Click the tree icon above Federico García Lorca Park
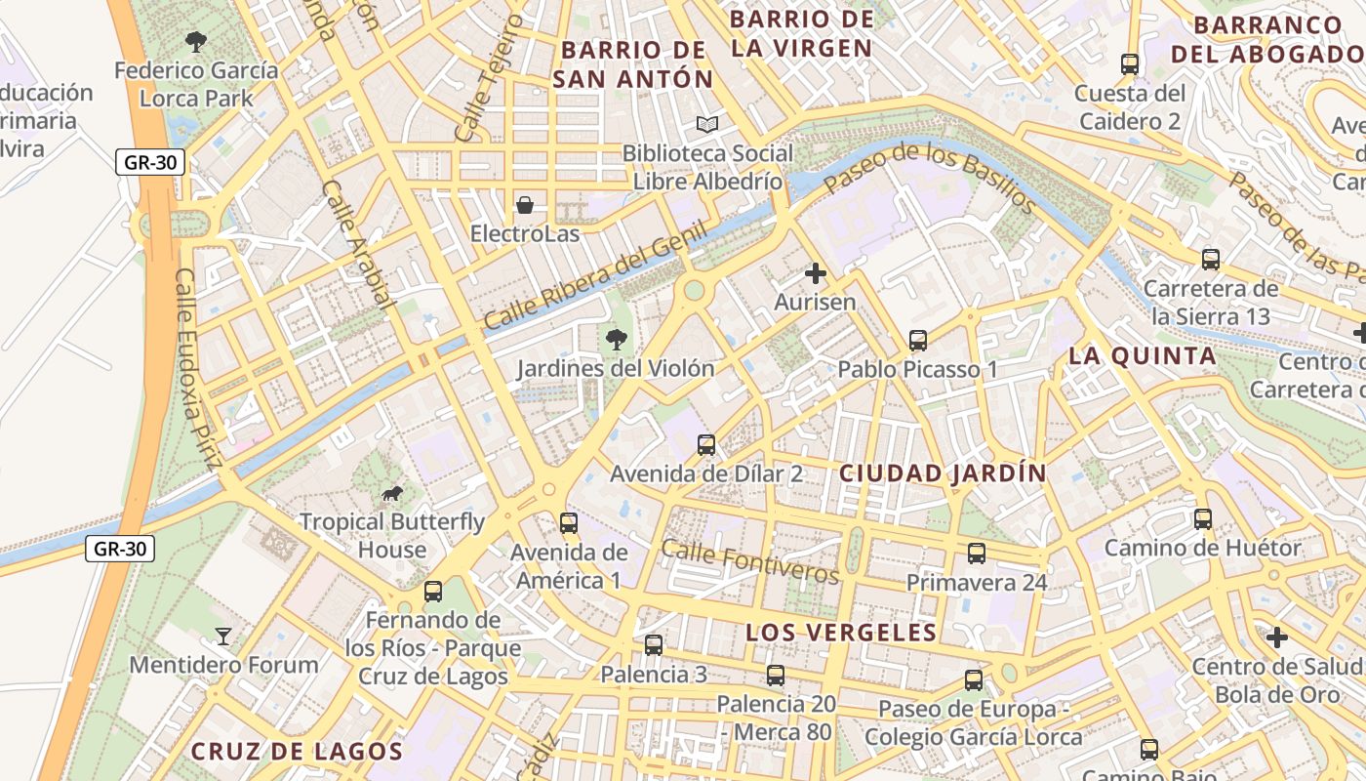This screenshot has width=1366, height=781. [196, 41]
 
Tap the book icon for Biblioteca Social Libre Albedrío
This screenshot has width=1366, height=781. [707, 124]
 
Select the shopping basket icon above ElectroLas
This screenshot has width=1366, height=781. [525, 204]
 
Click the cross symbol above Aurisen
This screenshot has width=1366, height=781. [816, 273]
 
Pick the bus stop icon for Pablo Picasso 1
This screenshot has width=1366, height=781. [918, 340]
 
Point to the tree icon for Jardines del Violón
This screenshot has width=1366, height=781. [616, 339]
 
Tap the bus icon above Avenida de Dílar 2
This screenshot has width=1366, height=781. [706, 444]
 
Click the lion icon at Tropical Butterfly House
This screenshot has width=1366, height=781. [392, 493]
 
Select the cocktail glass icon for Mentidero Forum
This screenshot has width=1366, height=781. [223, 637]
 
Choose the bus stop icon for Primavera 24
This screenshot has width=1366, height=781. [977, 554]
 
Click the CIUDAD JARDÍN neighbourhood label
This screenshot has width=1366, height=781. [943, 473]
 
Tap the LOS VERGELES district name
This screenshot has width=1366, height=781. [841, 633]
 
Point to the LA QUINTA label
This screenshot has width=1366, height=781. [1143, 355]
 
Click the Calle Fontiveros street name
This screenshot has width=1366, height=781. [749, 560]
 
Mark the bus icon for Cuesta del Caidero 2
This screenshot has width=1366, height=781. [1130, 64]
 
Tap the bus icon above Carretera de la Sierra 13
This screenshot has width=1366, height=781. [1211, 259]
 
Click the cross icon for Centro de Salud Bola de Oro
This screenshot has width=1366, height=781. [1277, 637]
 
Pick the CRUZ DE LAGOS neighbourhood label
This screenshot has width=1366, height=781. [296, 751]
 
